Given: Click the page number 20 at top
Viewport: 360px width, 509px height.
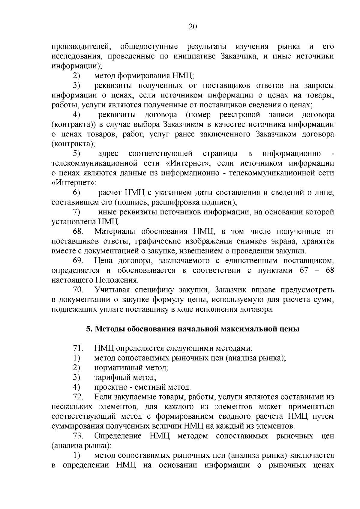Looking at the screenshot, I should [192, 27].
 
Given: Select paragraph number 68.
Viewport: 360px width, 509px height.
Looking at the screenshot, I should [79, 232].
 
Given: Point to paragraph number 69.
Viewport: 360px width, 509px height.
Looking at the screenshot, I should [79, 261].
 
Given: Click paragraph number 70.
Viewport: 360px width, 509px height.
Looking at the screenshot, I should [79, 290].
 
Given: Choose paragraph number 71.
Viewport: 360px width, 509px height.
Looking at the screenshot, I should [78, 349].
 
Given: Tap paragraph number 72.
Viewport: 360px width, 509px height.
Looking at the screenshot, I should [78, 397].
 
